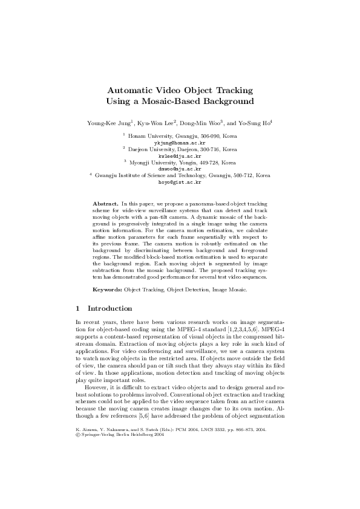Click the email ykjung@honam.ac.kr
point(180,143)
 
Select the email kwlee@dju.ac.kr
point(180,155)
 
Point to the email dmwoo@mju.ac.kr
point(180,169)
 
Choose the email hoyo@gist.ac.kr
point(180,181)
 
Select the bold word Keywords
point(107,290)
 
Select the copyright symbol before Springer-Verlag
point(77,468)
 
